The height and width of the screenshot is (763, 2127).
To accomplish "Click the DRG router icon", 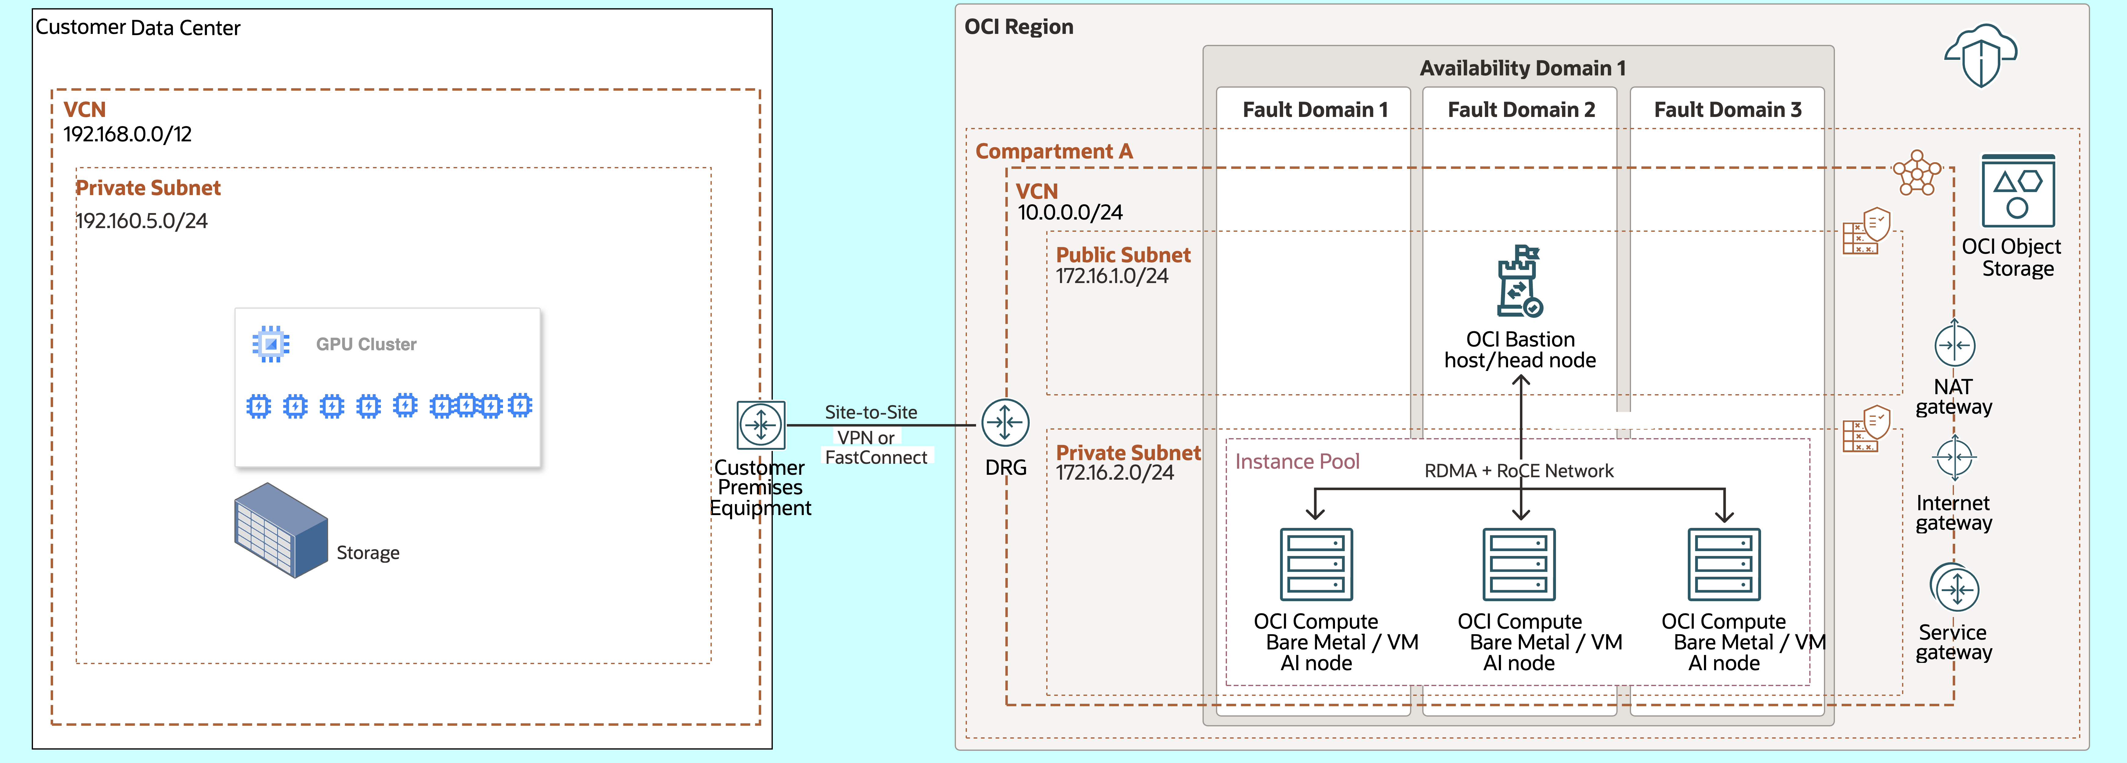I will [x=1005, y=423].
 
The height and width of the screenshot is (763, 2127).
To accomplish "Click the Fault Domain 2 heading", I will [x=1521, y=110].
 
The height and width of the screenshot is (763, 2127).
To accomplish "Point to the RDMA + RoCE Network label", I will [x=1518, y=471].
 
